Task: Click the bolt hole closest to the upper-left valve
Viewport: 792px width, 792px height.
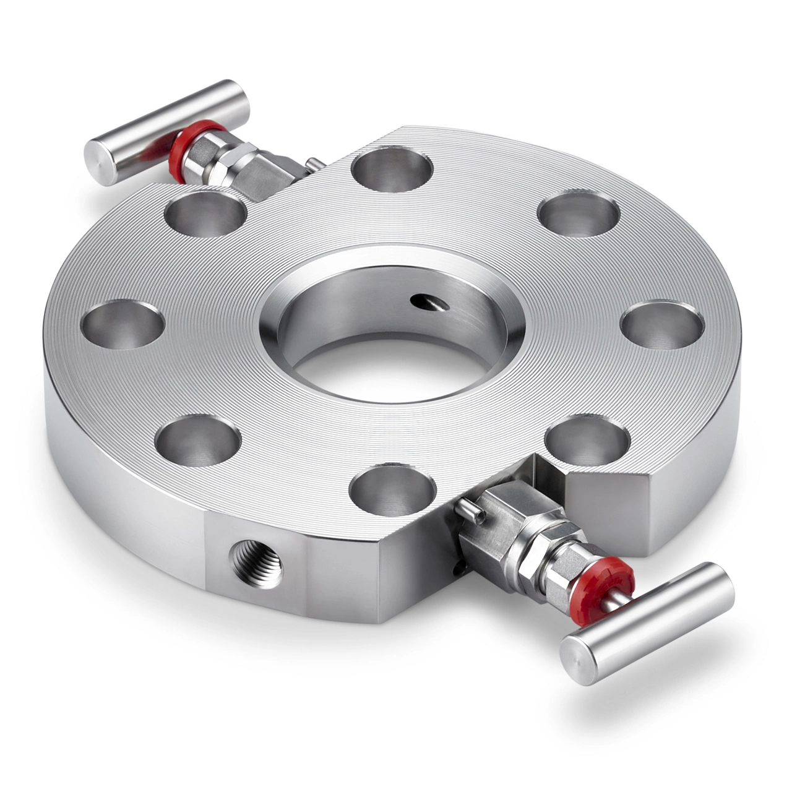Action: click(x=205, y=213)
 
